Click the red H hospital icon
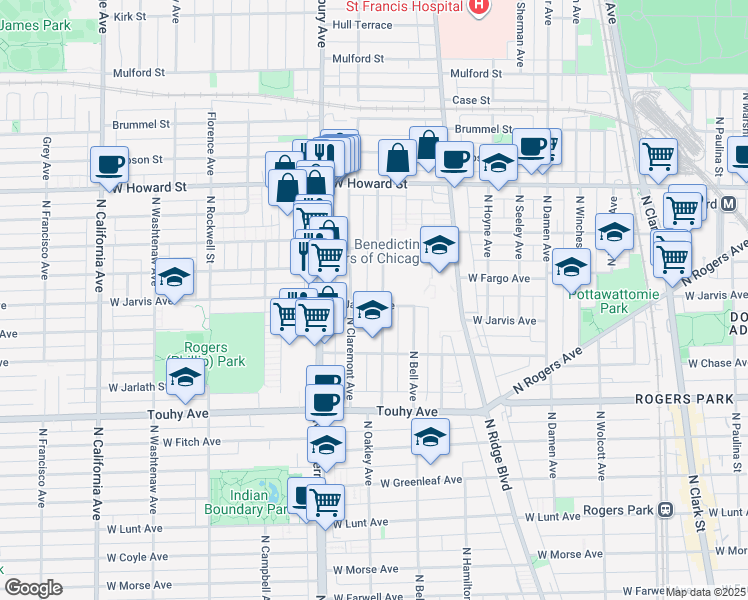coord(478,6)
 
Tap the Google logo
coord(33,588)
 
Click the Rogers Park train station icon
coord(664,509)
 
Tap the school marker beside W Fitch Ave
coord(430,436)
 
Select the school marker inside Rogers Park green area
coord(185,378)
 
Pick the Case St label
coord(471,100)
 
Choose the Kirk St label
coord(130,17)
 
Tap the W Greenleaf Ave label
coord(425,480)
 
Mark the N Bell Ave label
coord(412,372)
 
